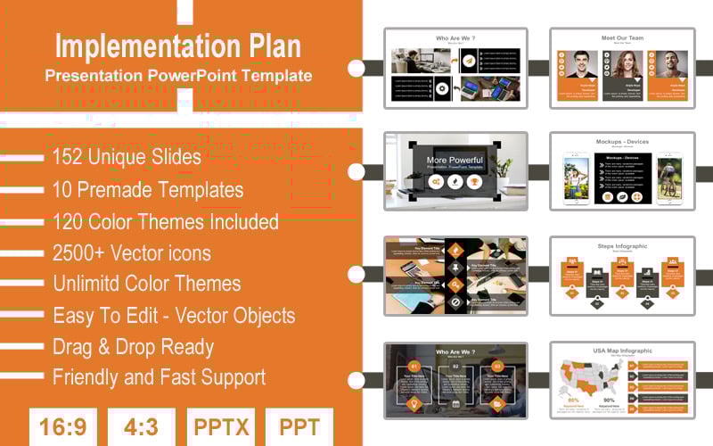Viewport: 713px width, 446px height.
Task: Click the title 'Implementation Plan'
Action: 178,45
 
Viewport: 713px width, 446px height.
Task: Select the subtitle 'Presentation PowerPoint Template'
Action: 178,76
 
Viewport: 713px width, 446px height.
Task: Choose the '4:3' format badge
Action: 140,426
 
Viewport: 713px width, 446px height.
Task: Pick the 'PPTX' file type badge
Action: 220,426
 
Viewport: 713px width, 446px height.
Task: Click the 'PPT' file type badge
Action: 299,426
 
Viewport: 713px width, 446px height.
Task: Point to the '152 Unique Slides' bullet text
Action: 127,157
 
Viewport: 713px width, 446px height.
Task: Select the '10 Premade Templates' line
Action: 148,189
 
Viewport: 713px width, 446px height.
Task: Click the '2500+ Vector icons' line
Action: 132,253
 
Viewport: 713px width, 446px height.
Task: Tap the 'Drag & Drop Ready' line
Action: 134,346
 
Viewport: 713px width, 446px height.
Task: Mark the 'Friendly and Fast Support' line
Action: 159,377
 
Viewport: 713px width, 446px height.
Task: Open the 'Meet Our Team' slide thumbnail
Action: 622,69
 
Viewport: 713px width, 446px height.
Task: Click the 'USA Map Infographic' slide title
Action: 622,351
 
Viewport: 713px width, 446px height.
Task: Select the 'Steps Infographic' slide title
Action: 622,246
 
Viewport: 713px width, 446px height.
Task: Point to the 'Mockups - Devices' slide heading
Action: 622,141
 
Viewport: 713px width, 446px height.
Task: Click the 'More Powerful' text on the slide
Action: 455,160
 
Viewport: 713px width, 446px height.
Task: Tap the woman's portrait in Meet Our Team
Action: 622,65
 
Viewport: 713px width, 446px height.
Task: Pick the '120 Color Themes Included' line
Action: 166,221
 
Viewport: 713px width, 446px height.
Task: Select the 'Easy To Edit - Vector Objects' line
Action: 174,315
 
